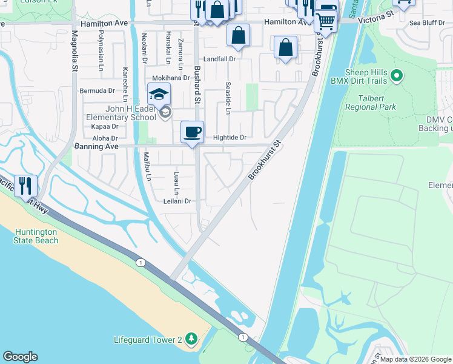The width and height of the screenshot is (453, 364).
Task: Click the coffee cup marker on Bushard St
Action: [x=193, y=133]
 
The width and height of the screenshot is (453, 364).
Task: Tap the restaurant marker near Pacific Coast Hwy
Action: [x=25, y=186]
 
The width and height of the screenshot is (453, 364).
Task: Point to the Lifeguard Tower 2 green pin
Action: [x=191, y=338]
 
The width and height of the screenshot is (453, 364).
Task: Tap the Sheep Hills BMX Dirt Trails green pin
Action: [x=397, y=76]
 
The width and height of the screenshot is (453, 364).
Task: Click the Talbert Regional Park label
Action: [x=371, y=102]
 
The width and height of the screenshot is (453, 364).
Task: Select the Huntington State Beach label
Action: [x=36, y=236]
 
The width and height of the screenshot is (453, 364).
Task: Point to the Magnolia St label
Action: [x=74, y=52]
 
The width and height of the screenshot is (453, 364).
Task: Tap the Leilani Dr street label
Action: [x=177, y=201]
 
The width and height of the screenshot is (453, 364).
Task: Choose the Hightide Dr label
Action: [x=230, y=138]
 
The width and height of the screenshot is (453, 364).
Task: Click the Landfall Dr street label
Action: [x=219, y=59]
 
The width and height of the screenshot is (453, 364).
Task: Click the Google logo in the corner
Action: [x=20, y=357]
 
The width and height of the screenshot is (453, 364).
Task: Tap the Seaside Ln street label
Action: [x=228, y=98]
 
